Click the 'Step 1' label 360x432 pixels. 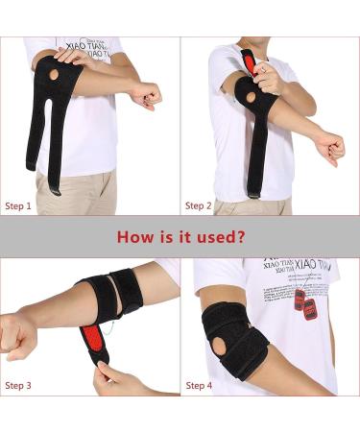[x=18, y=205]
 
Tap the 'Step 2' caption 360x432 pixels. [x=199, y=205]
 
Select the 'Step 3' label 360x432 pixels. [x=18, y=386]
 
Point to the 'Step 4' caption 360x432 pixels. [x=199, y=386]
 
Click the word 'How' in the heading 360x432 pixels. [x=134, y=236]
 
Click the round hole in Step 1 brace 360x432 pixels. [x=54, y=74]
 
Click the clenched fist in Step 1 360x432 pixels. [x=147, y=94]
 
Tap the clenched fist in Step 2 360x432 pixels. [x=330, y=147]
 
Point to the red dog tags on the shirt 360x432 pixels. [x=305, y=305]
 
